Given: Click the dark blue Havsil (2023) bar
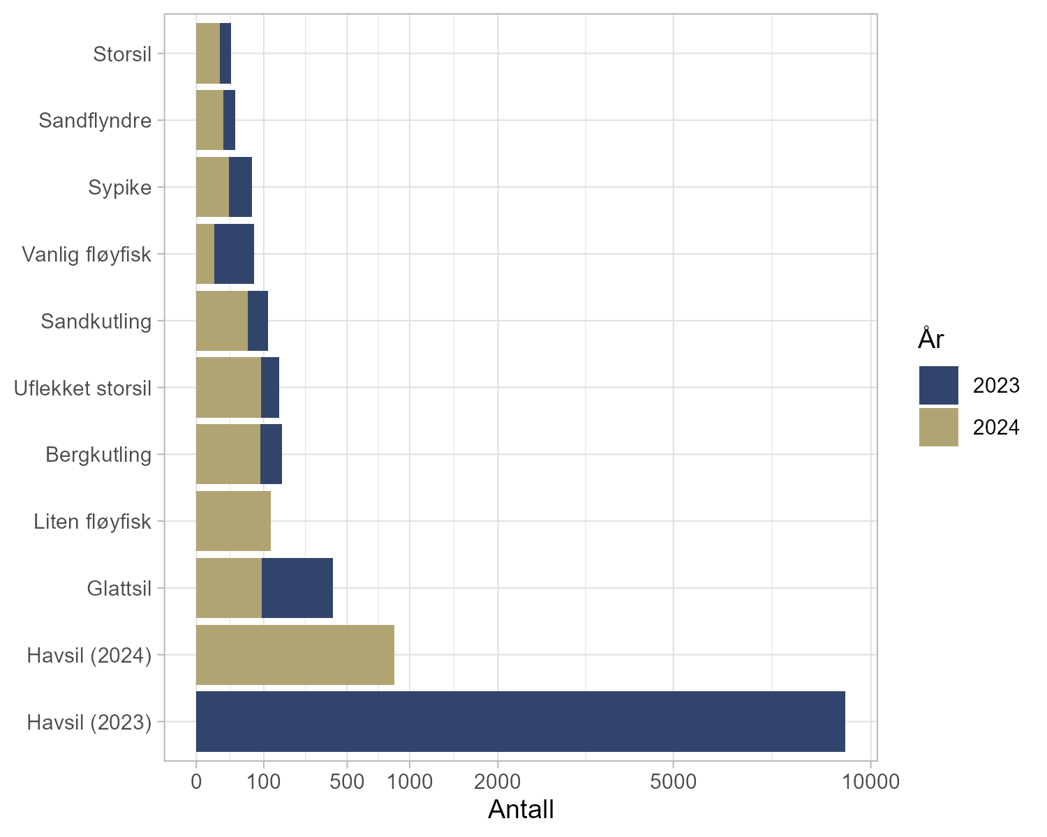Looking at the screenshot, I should (520, 721).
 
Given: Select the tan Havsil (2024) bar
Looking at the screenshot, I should (295, 655).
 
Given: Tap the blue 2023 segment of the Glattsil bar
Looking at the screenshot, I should (297, 588).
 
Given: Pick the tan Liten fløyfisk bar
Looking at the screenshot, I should (233, 521).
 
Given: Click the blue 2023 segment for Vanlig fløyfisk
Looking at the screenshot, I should (234, 254).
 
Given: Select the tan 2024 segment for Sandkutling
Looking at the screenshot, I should (222, 321).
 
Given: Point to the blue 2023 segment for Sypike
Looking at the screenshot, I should (240, 187).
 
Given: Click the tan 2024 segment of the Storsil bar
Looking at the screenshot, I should (208, 53).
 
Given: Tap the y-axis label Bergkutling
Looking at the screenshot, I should (98, 455).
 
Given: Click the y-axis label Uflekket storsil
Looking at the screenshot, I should (83, 388).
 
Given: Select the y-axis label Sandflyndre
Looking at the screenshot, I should (95, 121).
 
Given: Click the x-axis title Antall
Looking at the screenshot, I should (521, 810).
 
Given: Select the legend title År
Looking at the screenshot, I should (931, 339).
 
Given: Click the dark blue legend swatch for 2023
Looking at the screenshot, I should (938, 385).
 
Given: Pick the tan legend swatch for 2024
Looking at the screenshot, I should (938, 427).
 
